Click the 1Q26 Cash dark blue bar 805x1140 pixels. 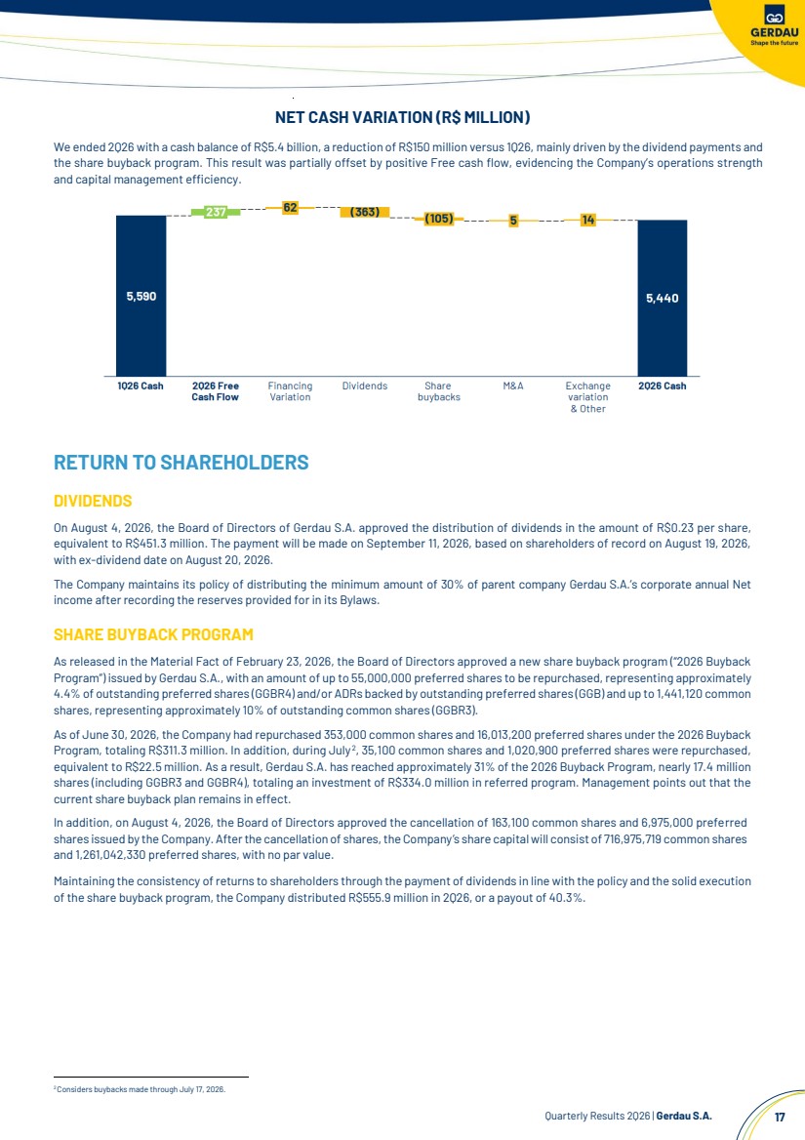(x=141, y=296)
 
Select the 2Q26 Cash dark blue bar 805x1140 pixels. (x=662, y=298)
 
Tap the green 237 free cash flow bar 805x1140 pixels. (x=215, y=213)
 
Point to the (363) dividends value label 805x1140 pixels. (x=365, y=212)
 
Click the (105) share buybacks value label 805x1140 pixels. (x=439, y=218)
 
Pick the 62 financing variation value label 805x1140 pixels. (x=290, y=208)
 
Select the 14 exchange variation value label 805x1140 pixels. (x=587, y=220)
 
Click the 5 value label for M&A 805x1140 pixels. (x=513, y=221)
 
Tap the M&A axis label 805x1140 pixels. (x=513, y=386)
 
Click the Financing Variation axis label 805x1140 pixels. (x=290, y=391)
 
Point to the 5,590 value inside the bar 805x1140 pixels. (x=141, y=296)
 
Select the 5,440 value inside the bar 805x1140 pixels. (x=662, y=298)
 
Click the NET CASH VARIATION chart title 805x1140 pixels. (x=402, y=117)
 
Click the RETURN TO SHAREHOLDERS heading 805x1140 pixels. (x=181, y=463)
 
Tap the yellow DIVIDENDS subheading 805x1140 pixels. (x=93, y=501)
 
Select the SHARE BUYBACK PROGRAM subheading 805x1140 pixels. (x=153, y=634)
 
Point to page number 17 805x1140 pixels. (x=780, y=1117)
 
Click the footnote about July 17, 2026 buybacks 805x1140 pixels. (x=141, y=1089)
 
